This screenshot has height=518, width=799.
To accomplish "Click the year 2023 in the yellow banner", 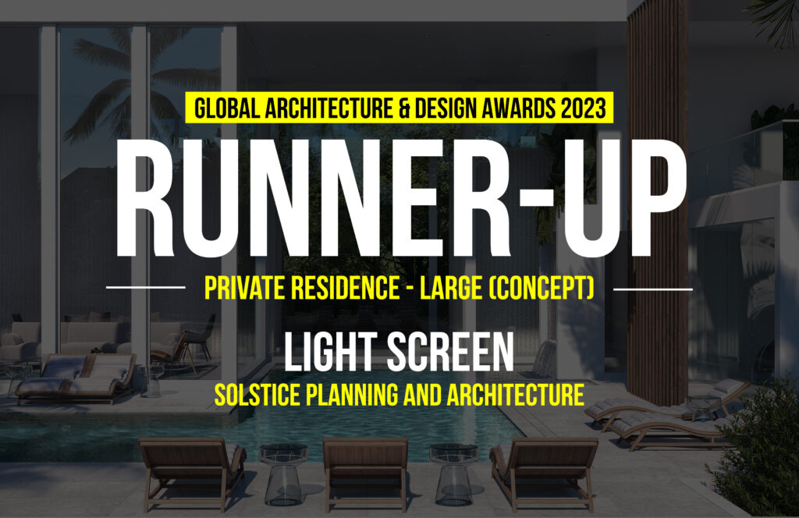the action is pos(583,108).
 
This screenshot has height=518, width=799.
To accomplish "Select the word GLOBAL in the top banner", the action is pos(227,108).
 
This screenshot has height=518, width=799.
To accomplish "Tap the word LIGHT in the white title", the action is pos(331,352).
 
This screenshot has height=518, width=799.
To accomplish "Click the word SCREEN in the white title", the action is pos(450,352).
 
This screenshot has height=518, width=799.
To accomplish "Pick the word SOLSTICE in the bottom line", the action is pos(255,395).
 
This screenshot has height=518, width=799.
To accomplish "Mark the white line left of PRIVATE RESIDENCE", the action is pos(146,288).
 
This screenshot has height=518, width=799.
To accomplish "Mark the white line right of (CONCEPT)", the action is pos(653,289).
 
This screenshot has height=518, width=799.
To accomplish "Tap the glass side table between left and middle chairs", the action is pos(283,474).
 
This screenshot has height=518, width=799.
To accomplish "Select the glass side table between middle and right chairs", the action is pos(453,474).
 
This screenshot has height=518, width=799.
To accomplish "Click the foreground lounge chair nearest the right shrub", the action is pos(544,473).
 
